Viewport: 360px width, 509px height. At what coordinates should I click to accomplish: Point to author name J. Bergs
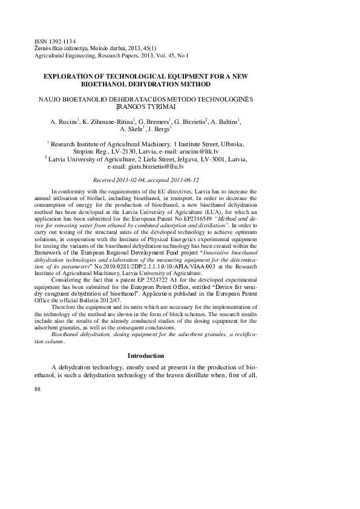coord(160,129)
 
